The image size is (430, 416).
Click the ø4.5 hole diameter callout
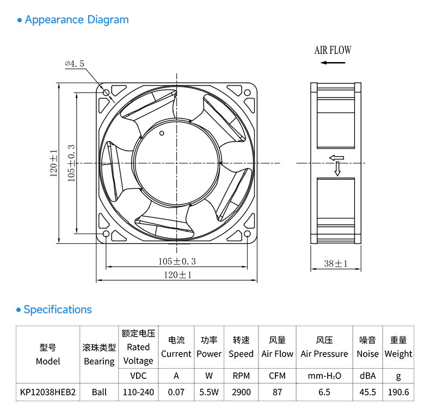pyautogui.click(x=75, y=64)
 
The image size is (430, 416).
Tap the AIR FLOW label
pyautogui.click(x=333, y=50)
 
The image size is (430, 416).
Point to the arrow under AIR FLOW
pyautogui.click(x=333, y=63)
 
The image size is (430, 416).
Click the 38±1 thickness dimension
pyautogui.click(x=336, y=264)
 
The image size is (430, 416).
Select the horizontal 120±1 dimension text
pyautogui.click(x=177, y=274)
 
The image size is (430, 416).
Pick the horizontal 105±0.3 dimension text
pyautogui.click(x=177, y=261)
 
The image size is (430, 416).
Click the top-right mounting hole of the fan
pyautogui.click(x=247, y=93)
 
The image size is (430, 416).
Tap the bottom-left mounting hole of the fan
pyautogui.click(x=106, y=234)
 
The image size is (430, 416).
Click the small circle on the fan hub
pyautogui.click(x=162, y=133)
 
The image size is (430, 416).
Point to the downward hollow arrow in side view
pyautogui.click(x=337, y=169)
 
